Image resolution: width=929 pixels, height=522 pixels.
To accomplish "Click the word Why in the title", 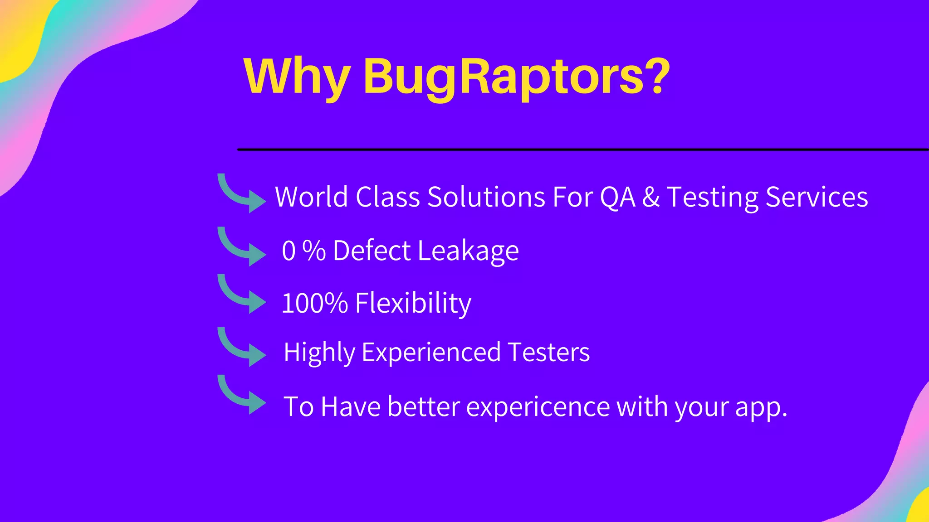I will tap(297, 77).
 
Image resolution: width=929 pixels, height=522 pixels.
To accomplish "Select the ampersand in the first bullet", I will tap(651, 198).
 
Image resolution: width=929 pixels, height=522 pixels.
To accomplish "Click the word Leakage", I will tap(468, 251).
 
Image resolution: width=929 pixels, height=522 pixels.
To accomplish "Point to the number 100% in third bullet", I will tap(314, 303).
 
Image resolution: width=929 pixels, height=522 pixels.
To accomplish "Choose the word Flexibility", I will tap(413, 303).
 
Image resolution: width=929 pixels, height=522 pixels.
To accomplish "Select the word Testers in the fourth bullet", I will tap(548, 352).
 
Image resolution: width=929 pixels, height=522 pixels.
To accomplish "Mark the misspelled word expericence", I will tap(538, 407).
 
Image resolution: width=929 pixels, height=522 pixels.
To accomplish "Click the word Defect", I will tap(372, 251).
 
